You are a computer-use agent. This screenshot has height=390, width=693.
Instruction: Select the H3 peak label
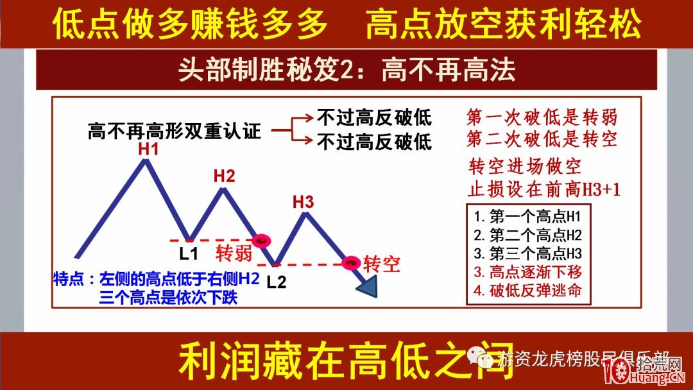(303, 202)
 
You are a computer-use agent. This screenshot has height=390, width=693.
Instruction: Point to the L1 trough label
(189, 253)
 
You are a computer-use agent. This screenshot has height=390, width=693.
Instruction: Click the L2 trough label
(276, 281)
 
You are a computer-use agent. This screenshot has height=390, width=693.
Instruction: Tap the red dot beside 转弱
(261, 241)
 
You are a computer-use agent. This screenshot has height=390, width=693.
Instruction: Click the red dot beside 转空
(351, 263)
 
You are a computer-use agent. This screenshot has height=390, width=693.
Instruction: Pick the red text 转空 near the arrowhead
(382, 264)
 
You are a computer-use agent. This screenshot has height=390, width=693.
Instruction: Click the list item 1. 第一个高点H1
(527, 215)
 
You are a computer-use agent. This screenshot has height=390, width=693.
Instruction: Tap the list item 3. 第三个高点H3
(527, 252)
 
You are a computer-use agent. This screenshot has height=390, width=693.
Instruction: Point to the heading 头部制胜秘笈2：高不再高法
(346, 70)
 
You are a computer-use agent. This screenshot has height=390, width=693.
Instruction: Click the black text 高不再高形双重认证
(175, 132)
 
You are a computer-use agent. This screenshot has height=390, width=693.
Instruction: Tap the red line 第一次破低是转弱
(542, 117)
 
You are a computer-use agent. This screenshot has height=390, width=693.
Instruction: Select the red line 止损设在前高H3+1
(545, 189)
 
